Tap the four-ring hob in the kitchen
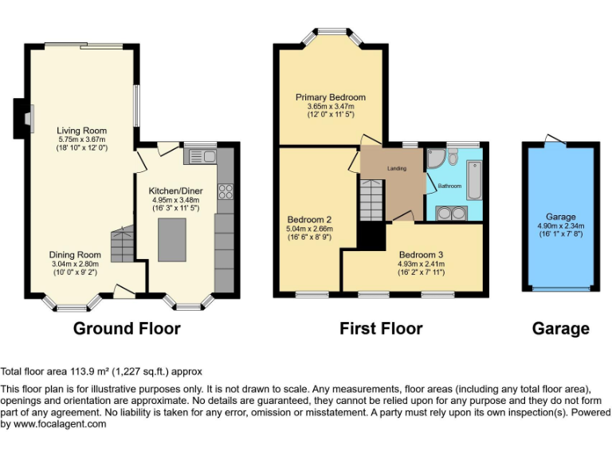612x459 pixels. tap(225, 191)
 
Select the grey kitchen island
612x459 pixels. tap(171, 240)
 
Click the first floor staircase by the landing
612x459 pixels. tap(371, 198)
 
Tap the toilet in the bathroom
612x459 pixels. tap(453, 159)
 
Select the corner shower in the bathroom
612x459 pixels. tap(437, 160)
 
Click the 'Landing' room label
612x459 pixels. tap(397, 169)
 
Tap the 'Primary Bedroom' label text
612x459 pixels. tap(331, 97)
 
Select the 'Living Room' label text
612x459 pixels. tap(81, 131)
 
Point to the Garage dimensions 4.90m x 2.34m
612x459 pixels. tap(560, 226)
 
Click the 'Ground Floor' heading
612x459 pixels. tap(127, 328)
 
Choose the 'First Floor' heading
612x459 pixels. tap(381, 328)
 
